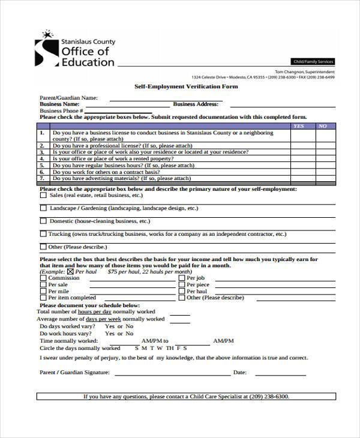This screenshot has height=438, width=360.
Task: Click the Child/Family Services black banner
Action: pyautogui.click(x=312, y=62)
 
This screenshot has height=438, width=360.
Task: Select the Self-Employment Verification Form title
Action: pyautogui.click(x=185, y=86)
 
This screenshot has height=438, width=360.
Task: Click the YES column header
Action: pyautogui.click(x=298, y=126)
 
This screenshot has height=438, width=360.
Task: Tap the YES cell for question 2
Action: pyautogui.click(x=302, y=145)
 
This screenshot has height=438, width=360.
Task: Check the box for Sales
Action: pyautogui.click(x=43, y=195)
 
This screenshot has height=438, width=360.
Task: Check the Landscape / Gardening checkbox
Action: pyautogui.click(x=43, y=208)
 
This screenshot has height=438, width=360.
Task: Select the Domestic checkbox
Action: pyautogui.click(x=43, y=221)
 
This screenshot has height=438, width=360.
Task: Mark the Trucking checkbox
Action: pyautogui.click(x=43, y=234)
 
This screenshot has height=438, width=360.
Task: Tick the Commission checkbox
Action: pyautogui.click(x=43, y=278)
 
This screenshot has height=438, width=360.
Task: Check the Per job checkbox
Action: pyautogui.click(x=181, y=278)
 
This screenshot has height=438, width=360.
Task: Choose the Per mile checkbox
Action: pyautogui.click(x=43, y=291)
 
